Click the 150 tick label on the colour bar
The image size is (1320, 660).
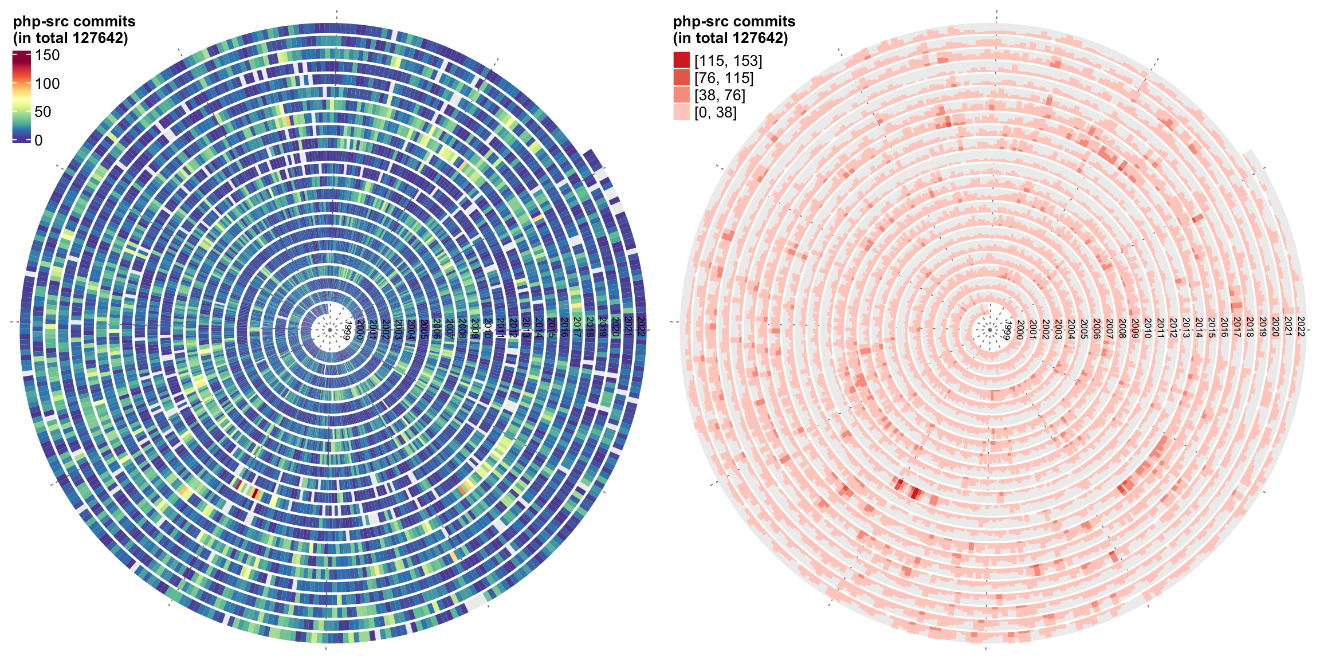(47, 56)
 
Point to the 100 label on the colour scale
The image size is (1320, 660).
(47, 84)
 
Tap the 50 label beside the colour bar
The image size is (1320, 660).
(43, 112)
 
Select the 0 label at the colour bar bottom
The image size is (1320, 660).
(38, 140)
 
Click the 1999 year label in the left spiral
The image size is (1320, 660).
(347, 331)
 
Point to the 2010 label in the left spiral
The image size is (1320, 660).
(488, 328)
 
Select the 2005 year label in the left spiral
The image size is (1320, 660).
(423, 329)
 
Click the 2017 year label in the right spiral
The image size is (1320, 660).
(1237, 327)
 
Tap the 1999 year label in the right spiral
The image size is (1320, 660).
(1007, 331)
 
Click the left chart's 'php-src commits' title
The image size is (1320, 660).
(74, 22)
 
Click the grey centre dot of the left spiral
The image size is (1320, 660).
(330, 330)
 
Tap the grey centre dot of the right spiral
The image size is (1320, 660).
(990, 330)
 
